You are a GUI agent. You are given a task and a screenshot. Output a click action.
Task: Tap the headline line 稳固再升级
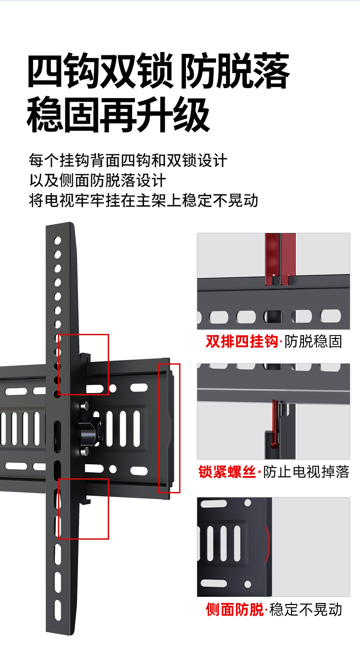118,115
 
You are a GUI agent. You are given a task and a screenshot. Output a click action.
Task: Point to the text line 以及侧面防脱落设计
97,181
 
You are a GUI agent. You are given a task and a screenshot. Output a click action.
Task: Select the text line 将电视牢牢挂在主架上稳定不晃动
143,201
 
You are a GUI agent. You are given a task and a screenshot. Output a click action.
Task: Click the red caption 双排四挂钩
242,341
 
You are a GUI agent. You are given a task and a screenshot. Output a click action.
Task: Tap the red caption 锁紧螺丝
227,472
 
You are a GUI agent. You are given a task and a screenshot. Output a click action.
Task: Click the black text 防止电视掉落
306,472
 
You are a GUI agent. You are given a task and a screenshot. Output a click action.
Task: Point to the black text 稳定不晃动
306,610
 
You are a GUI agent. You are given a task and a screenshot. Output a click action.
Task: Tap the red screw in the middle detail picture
275,424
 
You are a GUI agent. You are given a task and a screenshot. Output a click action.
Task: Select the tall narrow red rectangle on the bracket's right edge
169,428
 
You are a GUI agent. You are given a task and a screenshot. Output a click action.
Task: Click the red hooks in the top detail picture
280,259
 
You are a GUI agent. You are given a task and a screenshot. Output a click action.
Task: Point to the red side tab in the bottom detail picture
267,544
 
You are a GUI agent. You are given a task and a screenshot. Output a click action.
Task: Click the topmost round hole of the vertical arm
58,240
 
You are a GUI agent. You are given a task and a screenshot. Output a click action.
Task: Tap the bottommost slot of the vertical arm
58,610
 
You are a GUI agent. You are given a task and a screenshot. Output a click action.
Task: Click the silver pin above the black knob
84,406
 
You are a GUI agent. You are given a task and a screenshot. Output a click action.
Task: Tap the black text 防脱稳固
313,341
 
